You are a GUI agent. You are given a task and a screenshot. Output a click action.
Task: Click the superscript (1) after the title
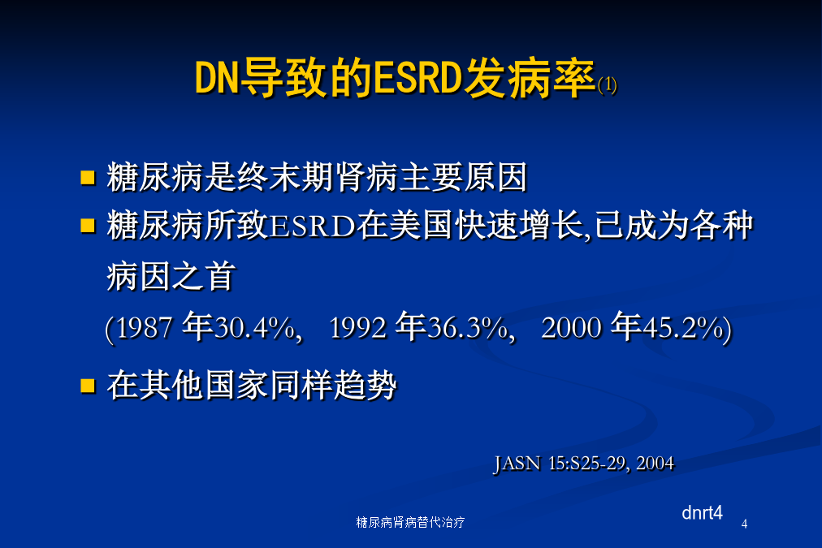click(607, 85)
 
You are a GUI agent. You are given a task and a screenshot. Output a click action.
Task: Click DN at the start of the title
click(217, 78)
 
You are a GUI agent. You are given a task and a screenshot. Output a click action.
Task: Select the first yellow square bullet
click(88, 177)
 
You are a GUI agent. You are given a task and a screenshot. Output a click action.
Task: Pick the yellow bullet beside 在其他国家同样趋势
click(88, 386)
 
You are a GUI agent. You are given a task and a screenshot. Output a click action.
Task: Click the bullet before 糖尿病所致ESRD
click(88, 226)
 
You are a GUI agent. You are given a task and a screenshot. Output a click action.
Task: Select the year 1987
click(144, 329)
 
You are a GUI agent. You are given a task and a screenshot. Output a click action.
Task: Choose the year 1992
click(358, 329)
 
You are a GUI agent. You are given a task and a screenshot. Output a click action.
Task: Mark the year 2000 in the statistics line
click(571, 329)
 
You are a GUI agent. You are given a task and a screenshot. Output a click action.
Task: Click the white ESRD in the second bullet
click(313, 227)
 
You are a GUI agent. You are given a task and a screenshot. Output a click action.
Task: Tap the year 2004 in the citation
click(655, 464)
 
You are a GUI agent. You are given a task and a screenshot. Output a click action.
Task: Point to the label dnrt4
click(702, 512)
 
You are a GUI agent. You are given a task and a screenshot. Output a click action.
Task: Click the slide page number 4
click(744, 524)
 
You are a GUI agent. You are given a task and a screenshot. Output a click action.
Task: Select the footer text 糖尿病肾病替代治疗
click(410, 522)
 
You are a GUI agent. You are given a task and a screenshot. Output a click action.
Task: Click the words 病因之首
click(171, 276)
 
